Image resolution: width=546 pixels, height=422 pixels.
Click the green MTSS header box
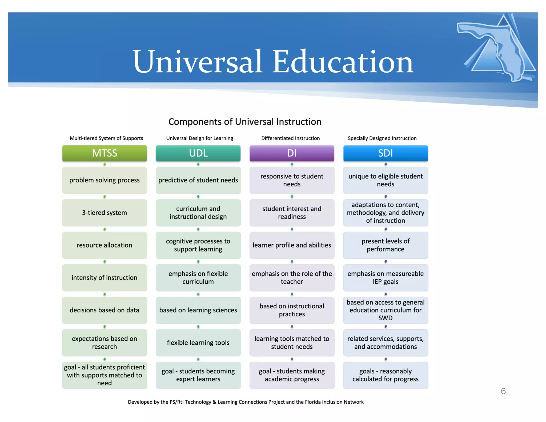click(105, 153)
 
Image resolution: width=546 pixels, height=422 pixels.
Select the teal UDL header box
click(198, 153)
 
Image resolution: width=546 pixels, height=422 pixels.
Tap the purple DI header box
click(292, 153)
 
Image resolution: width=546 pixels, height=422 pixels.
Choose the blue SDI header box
click(386, 153)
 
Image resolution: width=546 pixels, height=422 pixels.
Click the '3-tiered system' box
click(105, 213)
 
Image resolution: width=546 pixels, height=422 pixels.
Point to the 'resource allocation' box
click(105, 245)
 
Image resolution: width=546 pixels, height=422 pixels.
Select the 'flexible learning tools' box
click(198, 343)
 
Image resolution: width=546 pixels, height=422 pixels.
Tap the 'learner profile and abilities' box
click(292, 245)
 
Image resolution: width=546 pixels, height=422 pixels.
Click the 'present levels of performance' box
click(386, 245)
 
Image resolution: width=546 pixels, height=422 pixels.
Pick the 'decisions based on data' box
click(105, 310)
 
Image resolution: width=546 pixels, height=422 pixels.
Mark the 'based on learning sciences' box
click(198, 310)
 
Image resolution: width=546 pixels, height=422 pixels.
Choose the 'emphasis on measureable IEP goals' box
click(386, 278)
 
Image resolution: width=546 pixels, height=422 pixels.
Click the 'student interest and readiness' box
click(292, 213)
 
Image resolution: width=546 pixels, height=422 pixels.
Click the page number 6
click(503, 391)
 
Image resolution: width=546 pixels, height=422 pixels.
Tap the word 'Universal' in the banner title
click(197, 62)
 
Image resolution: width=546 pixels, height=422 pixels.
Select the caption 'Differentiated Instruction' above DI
click(290, 138)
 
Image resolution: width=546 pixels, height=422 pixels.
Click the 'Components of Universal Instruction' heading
click(245, 122)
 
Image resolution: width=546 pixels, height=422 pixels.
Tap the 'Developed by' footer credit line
click(246, 402)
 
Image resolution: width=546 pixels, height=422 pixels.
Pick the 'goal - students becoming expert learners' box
click(198, 375)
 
